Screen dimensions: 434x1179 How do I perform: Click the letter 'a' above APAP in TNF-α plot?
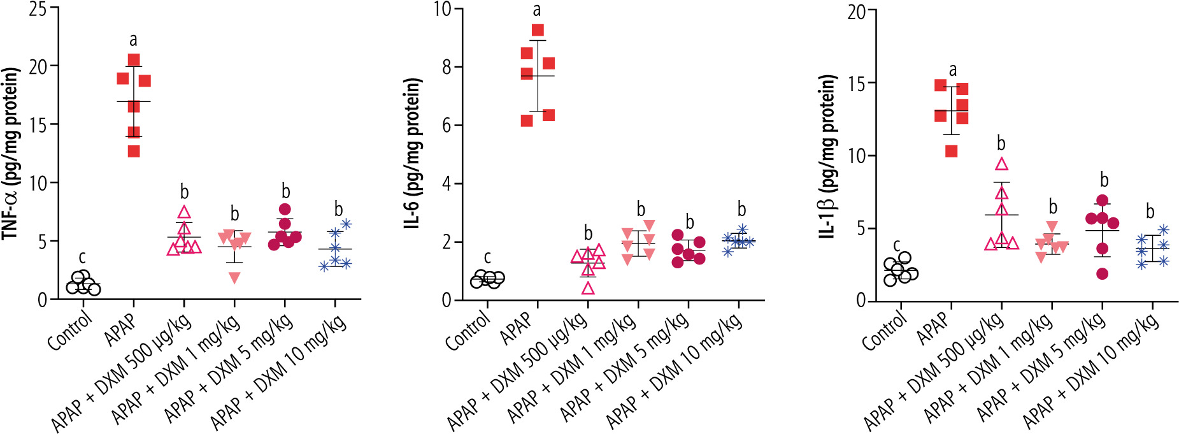(133, 41)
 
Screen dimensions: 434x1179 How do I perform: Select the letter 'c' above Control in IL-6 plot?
(487, 257)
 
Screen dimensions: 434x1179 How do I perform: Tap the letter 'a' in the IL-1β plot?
(953, 70)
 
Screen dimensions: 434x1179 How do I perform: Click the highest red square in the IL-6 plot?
(538, 30)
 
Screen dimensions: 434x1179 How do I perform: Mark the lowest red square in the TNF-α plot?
(134, 151)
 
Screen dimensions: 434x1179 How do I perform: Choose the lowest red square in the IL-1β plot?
(951, 151)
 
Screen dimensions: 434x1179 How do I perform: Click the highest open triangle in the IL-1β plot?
(1002, 164)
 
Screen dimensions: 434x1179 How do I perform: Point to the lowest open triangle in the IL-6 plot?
(588, 288)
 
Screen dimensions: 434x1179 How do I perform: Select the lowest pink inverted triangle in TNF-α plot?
(234, 277)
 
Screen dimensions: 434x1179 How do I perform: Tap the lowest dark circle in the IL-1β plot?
(1103, 274)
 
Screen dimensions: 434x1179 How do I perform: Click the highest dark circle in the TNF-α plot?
(285, 209)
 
